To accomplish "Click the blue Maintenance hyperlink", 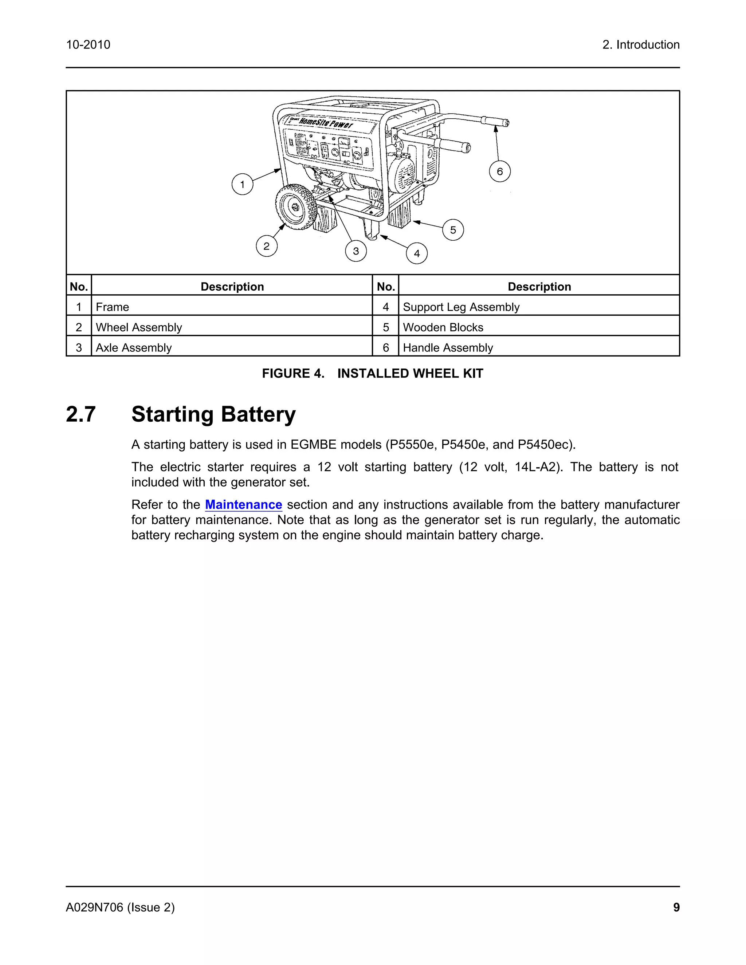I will tap(244, 505).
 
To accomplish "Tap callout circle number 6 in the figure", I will tap(500, 172).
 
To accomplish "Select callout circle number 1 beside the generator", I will tap(242, 184).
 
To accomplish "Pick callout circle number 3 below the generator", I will tap(356, 251).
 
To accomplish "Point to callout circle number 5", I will tap(453, 230).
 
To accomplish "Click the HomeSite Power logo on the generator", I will tap(325, 122).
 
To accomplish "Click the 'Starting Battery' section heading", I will tap(213, 414).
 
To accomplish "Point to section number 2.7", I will tap(81, 414).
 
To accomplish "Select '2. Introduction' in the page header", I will tap(641, 45).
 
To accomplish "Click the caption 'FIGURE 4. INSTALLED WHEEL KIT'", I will tap(373, 373).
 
